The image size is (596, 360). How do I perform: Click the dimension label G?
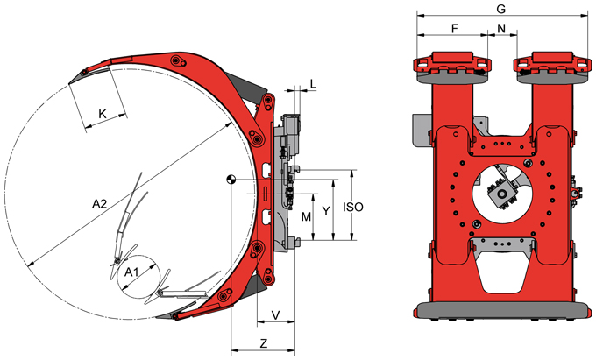(501, 9)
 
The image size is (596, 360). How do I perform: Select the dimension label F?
(455, 29)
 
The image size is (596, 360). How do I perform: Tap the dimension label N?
(501, 29)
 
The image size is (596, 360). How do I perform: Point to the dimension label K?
(103, 114)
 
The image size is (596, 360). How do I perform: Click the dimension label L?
(313, 84)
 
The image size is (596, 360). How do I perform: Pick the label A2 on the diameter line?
(100, 204)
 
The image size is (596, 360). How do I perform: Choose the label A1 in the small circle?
(131, 272)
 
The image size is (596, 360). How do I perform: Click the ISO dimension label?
(353, 207)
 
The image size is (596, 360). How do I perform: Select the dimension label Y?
(326, 211)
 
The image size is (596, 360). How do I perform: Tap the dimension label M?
(306, 217)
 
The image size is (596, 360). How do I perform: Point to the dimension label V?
(276, 314)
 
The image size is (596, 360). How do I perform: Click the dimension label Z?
(264, 343)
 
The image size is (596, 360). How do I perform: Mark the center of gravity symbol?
(231, 180)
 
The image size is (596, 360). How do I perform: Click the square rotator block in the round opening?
(501, 194)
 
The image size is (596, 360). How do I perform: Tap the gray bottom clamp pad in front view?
(504, 309)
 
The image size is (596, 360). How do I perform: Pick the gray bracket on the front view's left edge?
(421, 130)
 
